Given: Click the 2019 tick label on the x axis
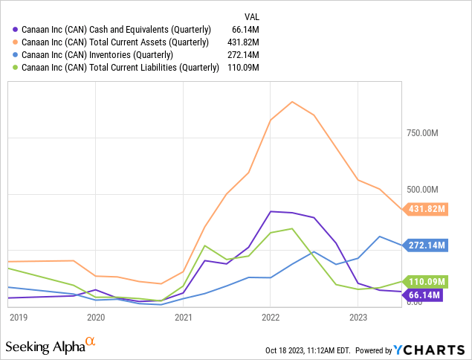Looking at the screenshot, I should pos(19,317).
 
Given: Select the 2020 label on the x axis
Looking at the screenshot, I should pos(96,317).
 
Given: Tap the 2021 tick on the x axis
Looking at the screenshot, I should pos(184,317).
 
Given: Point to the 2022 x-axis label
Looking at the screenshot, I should pos(271,317).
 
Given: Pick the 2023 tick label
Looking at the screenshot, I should pos(358,317).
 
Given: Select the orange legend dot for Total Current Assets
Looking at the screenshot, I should pos(16,42).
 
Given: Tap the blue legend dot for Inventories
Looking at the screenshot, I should pos(16,54).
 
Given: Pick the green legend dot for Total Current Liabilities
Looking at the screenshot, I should pos(16,68).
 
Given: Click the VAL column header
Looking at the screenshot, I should pos(253,16).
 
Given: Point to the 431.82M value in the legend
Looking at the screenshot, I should pos(247,42).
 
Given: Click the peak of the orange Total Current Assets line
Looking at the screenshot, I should pos(292,102).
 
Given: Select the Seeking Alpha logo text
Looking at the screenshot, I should pos(45,347).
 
